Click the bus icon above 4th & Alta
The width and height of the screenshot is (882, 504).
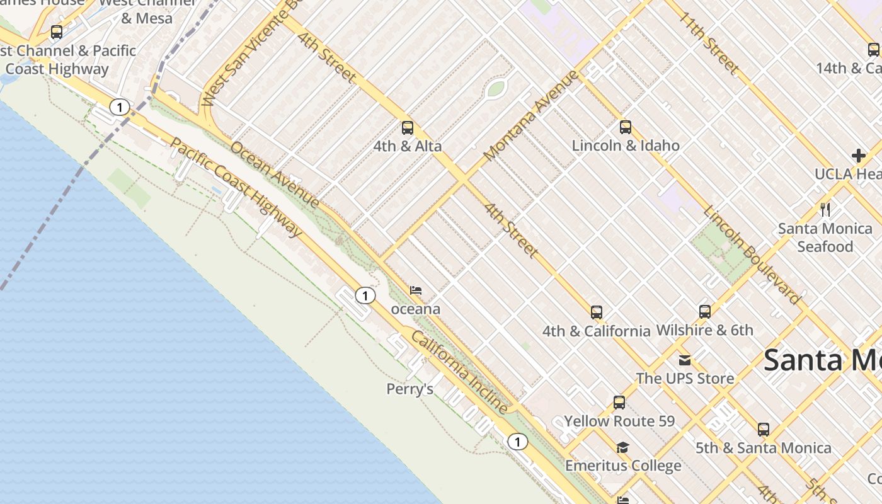click(x=408, y=128)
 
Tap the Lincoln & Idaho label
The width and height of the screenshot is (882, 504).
click(x=626, y=146)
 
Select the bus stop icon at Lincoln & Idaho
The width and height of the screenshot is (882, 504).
click(x=626, y=127)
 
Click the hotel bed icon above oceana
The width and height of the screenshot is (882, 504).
click(x=416, y=290)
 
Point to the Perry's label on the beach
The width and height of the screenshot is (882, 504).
click(x=410, y=389)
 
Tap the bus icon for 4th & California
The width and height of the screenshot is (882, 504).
click(x=597, y=312)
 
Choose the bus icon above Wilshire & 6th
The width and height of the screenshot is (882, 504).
click(x=705, y=311)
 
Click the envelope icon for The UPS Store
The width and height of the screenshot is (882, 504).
click(x=685, y=360)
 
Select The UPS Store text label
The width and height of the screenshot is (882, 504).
click(x=685, y=379)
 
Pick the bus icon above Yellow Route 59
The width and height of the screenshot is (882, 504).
click(x=619, y=403)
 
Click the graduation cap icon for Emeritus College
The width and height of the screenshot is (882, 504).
click(x=623, y=447)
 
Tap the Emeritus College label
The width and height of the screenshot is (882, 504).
click(x=623, y=466)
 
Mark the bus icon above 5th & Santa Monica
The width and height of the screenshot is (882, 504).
click(x=764, y=430)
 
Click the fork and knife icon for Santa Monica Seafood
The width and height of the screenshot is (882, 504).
click(x=825, y=209)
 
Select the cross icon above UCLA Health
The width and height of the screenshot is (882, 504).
click(x=858, y=155)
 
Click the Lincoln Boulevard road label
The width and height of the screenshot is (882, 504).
click(x=751, y=255)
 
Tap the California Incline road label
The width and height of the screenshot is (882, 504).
click(x=459, y=372)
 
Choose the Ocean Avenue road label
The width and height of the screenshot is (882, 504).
click(x=275, y=175)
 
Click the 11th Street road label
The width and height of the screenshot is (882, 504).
click(x=709, y=43)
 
